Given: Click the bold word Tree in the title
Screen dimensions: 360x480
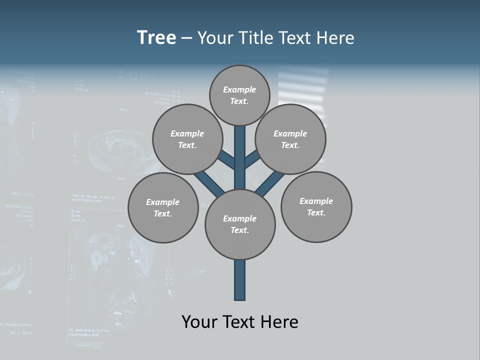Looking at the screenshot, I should [x=156, y=38].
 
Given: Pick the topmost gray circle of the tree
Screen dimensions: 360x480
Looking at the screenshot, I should [x=239, y=95].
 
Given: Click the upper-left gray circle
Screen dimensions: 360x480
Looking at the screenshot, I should [x=187, y=139].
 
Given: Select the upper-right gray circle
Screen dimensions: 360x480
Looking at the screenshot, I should [x=290, y=139].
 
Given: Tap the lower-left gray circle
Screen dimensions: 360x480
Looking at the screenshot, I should [x=163, y=207].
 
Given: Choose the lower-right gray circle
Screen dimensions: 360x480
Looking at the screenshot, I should [x=316, y=206].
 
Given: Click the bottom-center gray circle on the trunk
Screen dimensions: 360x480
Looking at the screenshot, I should [x=240, y=224].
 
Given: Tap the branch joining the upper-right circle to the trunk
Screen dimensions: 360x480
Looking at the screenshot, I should [x=252, y=160].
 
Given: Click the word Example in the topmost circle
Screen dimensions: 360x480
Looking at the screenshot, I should [x=239, y=89].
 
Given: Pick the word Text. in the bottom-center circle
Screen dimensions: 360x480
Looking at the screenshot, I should [x=239, y=230].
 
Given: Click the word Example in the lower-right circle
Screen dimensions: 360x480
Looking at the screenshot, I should [x=316, y=201].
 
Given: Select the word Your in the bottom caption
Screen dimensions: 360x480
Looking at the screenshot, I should [x=200, y=321].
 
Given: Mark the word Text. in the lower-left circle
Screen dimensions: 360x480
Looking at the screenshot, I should [x=163, y=213].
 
